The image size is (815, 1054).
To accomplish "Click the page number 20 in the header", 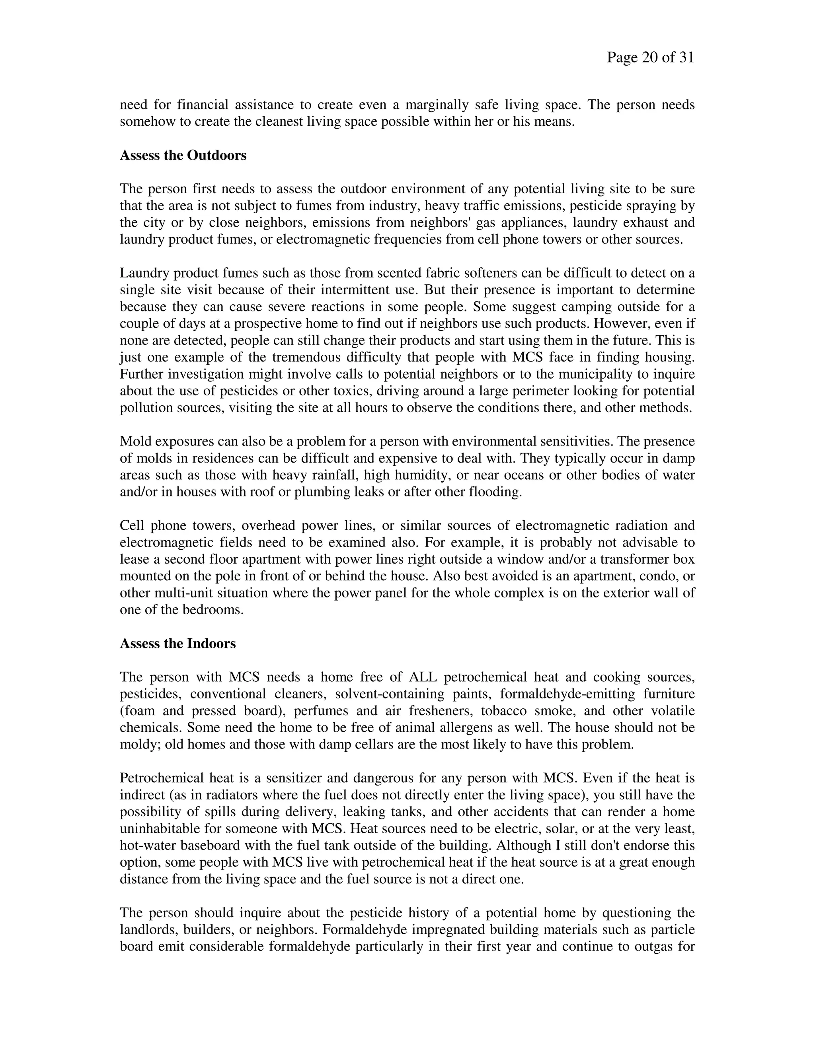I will (x=650, y=58).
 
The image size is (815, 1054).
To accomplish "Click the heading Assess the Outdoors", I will (x=183, y=156).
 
